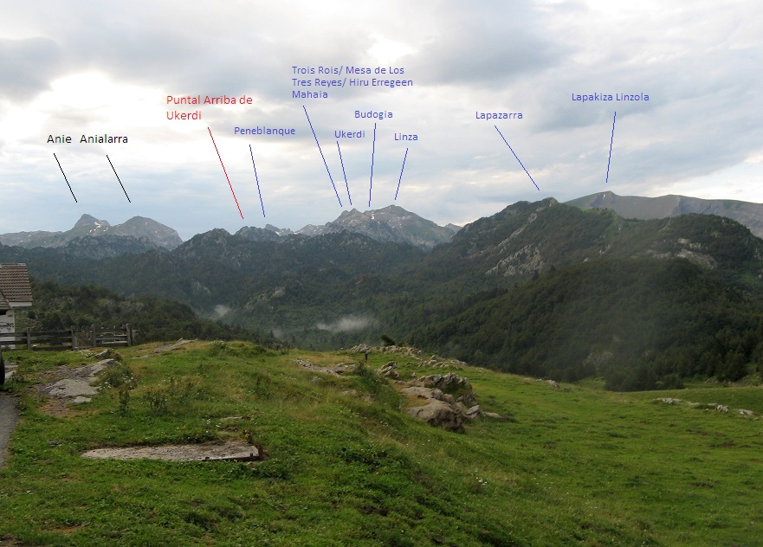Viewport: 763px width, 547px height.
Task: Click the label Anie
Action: tap(59, 139)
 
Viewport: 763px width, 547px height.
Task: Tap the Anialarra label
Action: tap(104, 139)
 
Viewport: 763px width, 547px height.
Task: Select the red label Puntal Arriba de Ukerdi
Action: tap(209, 107)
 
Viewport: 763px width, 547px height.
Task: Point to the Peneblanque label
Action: tap(264, 132)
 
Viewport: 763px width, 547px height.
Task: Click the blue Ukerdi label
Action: tap(349, 135)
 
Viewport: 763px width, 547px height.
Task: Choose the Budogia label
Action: tap(373, 115)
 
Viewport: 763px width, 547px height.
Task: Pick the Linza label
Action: tap(405, 138)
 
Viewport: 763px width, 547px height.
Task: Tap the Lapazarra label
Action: tap(499, 115)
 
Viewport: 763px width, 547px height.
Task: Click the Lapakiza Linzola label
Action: tap(610, 98)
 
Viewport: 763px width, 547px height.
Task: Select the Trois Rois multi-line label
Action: tap(352, 82)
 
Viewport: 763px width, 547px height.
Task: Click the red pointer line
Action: tap(225, 173)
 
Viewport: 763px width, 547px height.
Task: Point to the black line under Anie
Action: tap(65, 178)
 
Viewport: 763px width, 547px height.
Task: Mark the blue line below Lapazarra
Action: tap(517, 158)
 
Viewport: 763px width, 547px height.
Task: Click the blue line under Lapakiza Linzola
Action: tap(611, 147)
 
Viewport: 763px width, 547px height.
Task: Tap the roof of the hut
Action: tap(15, 283)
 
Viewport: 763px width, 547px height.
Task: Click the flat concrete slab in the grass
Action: tap(172, 451)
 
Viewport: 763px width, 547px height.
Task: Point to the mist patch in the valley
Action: tap(346, 324)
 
